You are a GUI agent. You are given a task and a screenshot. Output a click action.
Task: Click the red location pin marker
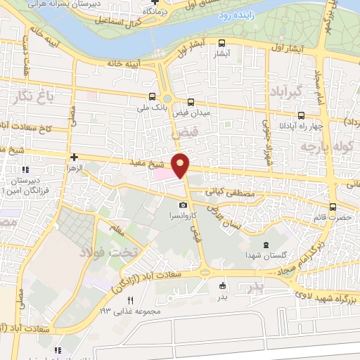181,165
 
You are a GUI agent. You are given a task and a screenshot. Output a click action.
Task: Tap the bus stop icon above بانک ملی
153,97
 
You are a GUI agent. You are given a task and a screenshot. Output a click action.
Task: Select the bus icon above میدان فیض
191,101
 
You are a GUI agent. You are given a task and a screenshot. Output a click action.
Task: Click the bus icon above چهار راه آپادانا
301,115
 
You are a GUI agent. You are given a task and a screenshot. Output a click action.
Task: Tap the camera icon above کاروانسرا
183,205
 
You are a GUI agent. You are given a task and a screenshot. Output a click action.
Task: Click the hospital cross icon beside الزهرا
75,157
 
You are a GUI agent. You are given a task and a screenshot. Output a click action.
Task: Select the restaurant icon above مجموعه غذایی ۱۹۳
129,300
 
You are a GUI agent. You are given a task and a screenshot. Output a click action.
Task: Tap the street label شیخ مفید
146,162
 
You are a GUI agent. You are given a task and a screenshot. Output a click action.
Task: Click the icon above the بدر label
222,285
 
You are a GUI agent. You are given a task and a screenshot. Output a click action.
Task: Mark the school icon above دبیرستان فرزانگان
25,169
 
